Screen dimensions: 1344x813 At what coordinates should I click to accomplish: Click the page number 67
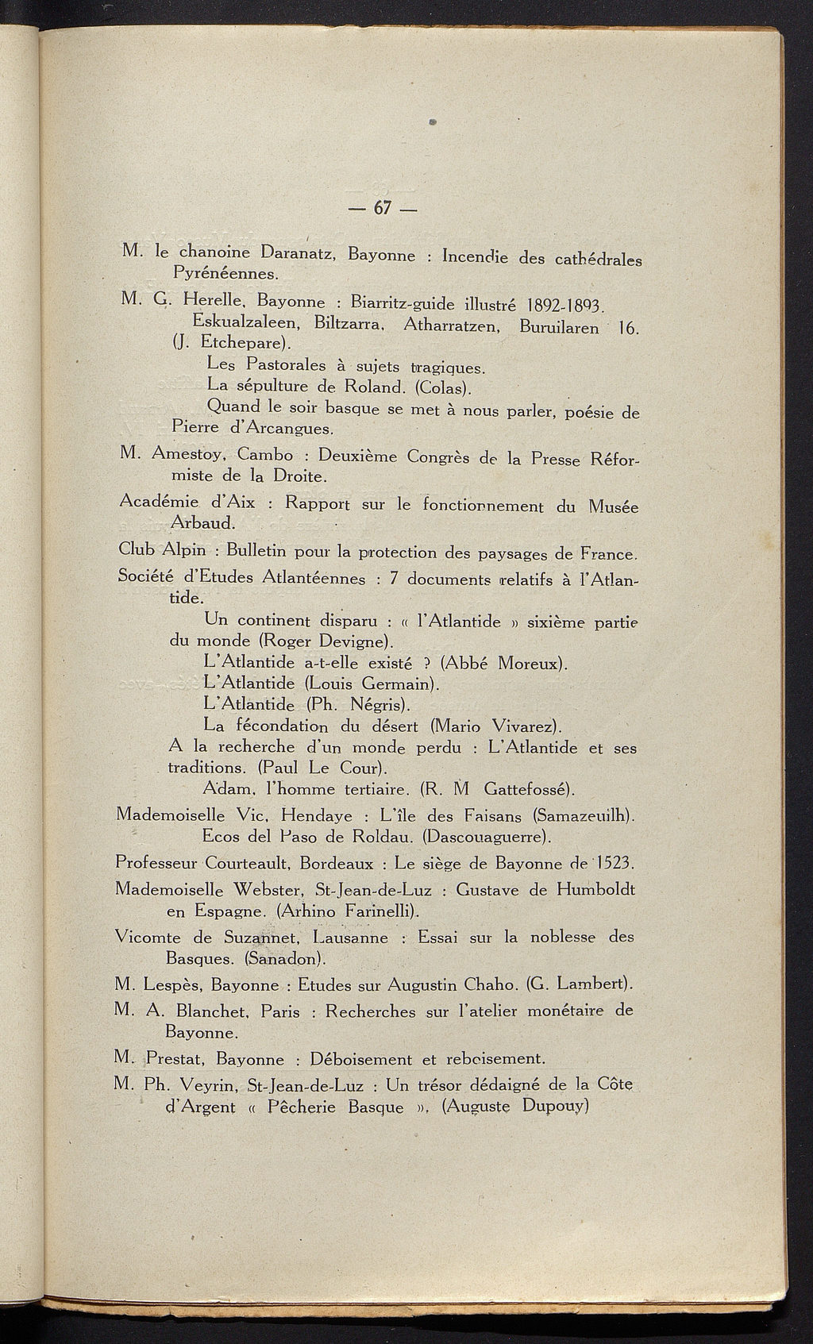pos(383,208)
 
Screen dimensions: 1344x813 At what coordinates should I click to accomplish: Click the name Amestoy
pos(187,456)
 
